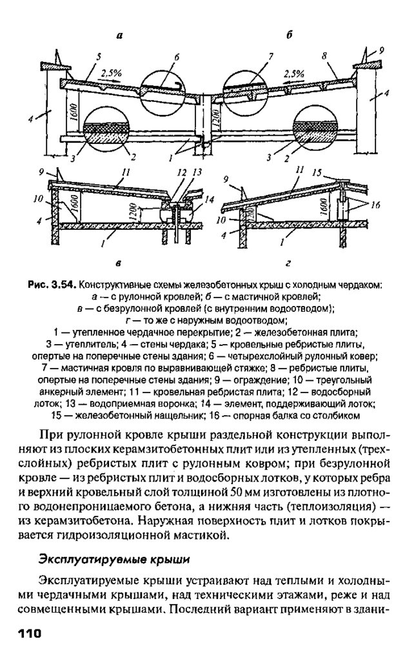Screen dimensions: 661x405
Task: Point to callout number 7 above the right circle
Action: [272, 57]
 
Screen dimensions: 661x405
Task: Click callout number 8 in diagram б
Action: [325, 56]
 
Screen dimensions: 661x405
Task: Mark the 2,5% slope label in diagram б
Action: [293, 74]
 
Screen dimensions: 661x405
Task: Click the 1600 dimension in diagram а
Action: [75, 113]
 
